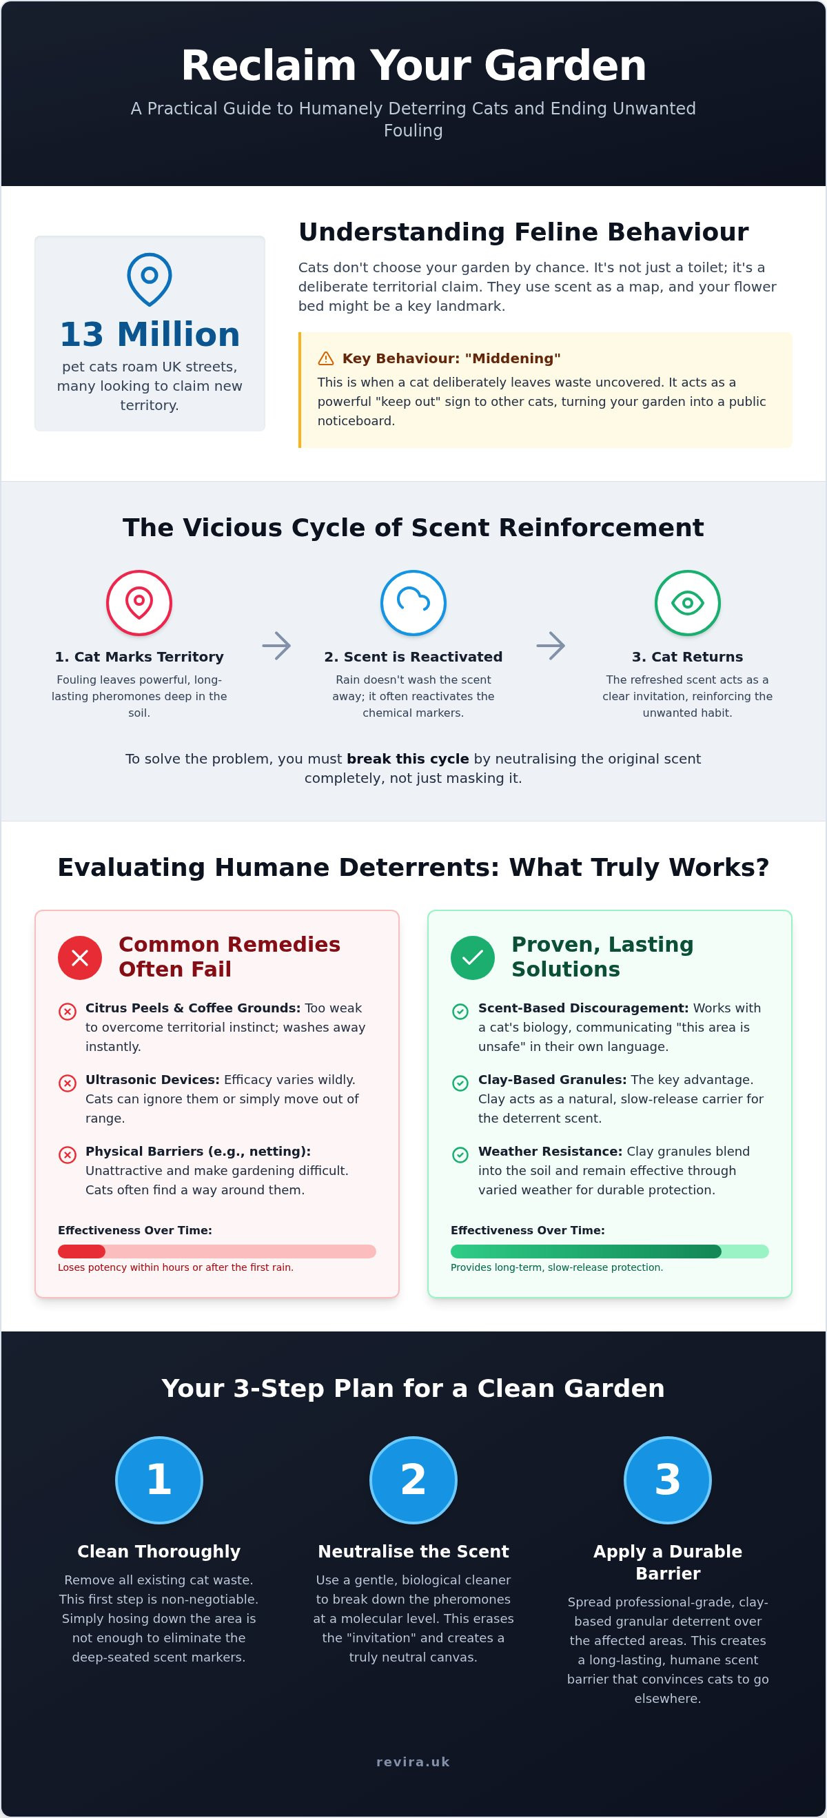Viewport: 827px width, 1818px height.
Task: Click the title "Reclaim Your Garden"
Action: [x=413, y=65]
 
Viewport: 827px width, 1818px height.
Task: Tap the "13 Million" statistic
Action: [x=150, y=334]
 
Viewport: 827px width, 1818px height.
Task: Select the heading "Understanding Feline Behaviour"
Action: [x=523, y=232]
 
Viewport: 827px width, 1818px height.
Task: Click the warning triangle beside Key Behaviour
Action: [x=326, y=358]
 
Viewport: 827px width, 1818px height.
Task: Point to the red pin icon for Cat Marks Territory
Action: [x=139, y=603]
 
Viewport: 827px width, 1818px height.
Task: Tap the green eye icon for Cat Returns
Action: [x=687, y=603]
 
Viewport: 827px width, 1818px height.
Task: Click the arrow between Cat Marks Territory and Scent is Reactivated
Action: [x=276, y=646]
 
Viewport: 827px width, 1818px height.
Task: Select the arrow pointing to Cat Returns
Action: [x=551, y=646]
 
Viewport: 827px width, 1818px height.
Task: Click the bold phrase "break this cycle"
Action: [x=408, y=759]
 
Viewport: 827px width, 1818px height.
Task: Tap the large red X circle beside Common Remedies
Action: [x=80, y=958]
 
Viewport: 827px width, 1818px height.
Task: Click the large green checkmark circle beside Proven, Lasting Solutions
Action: [x=473, y=958]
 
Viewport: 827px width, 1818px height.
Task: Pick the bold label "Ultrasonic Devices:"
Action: [x=152, y=1080]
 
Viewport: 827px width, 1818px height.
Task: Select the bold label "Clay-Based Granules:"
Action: [x=553, y=1080]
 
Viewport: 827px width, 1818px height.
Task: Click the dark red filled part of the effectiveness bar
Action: [x=81, y=1252]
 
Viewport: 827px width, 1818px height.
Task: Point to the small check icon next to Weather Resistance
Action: [x=460, y=1154]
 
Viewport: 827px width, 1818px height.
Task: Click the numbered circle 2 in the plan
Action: [x=413, y=1480]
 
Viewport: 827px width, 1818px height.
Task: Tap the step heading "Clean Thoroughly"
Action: [x=159, y=1551]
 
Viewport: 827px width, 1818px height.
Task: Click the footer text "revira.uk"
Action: [x=413, y=1761]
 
